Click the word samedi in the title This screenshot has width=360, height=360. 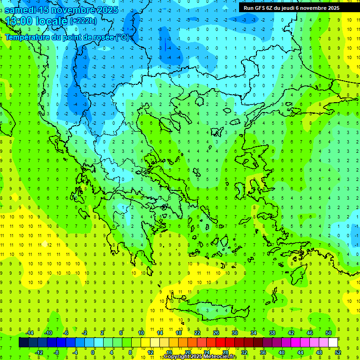click(x=21, y=10)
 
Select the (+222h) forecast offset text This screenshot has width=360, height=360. click(x=83, y=21)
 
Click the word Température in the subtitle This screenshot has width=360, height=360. click(x=29, y=37)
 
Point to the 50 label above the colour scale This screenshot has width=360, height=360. click(x=329, y=333)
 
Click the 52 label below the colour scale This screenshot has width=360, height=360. click(x=338, y=352)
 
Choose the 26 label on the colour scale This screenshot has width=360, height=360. click(x=216, y=333)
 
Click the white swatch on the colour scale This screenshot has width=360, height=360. click(x=333, y=343)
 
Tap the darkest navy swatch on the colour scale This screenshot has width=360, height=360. click(x=23, y=343)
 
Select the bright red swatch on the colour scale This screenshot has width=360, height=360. click(x=221, y=343)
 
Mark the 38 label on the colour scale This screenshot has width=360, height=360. click(x=272, y=333)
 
